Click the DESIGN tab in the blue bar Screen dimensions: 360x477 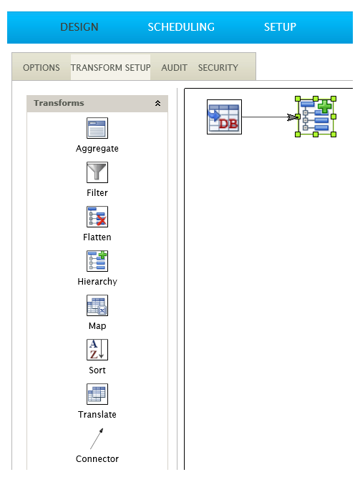coord(79,27)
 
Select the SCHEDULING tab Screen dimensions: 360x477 coord(181,27)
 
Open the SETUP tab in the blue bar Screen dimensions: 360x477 coord(280,27)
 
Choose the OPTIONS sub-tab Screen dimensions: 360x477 coord(42,67)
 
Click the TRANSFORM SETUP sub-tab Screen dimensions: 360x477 coord(110,67)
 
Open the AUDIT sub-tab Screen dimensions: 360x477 coord(174,67)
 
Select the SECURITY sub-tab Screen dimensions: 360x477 coord(218,67)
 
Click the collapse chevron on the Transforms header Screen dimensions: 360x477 coord(157,103)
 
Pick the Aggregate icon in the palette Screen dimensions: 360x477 coord(97,128)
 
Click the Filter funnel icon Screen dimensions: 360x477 coord(97,172)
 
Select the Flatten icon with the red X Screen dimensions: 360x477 coord(97,217)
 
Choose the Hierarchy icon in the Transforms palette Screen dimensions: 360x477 coord(97,261)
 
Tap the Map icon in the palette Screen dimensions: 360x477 coord(97,305)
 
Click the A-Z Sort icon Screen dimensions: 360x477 coord(97,350)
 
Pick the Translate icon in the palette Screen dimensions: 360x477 coord(97,394)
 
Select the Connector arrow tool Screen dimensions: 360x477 coord(97,438)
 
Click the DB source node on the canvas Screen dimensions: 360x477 coord(224,117)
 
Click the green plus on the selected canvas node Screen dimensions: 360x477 coord(325,107)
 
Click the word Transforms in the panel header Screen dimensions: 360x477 coord(59,103)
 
